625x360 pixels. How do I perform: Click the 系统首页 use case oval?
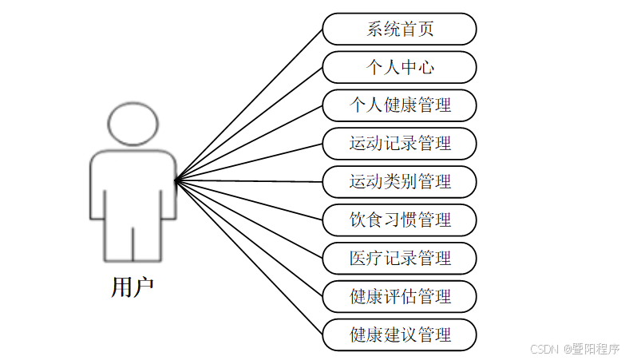[x=400, y=30]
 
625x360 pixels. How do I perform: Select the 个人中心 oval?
[x=400, y=67]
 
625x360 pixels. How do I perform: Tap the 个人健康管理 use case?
[x=400, y=105]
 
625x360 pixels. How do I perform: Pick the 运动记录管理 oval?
[x=400, y=144]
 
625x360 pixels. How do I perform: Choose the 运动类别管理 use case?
[x=400, y=182]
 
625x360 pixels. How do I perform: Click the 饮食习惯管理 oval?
[x=400, y=220]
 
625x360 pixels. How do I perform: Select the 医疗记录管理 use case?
[x=400, y=258]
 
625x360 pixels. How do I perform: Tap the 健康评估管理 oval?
[x=400, y=296]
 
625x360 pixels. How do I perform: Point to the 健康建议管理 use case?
[x=400, y=334]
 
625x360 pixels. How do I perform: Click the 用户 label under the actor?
[x=133, y=287]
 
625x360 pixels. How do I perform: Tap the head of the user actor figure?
[x=133, y=125]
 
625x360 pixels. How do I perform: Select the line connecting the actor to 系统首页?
[x=249, y=105]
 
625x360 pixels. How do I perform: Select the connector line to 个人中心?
[x=249, y=124]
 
